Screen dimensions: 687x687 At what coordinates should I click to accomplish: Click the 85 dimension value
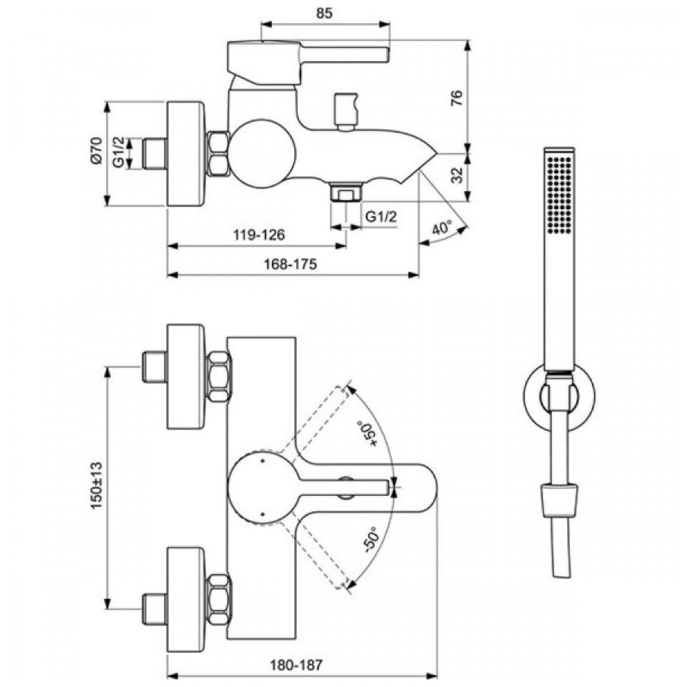tap(325, 13)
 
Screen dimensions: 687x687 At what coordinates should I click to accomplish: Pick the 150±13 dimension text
tap(97, 487)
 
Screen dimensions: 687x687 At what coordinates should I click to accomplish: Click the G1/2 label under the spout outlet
tap(381, 216)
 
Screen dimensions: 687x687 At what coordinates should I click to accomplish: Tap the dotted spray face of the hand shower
tap(560, 196)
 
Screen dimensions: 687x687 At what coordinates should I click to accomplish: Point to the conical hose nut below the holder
tap(559, 497)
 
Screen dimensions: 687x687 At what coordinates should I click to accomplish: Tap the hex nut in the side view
tap(219, 154)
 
